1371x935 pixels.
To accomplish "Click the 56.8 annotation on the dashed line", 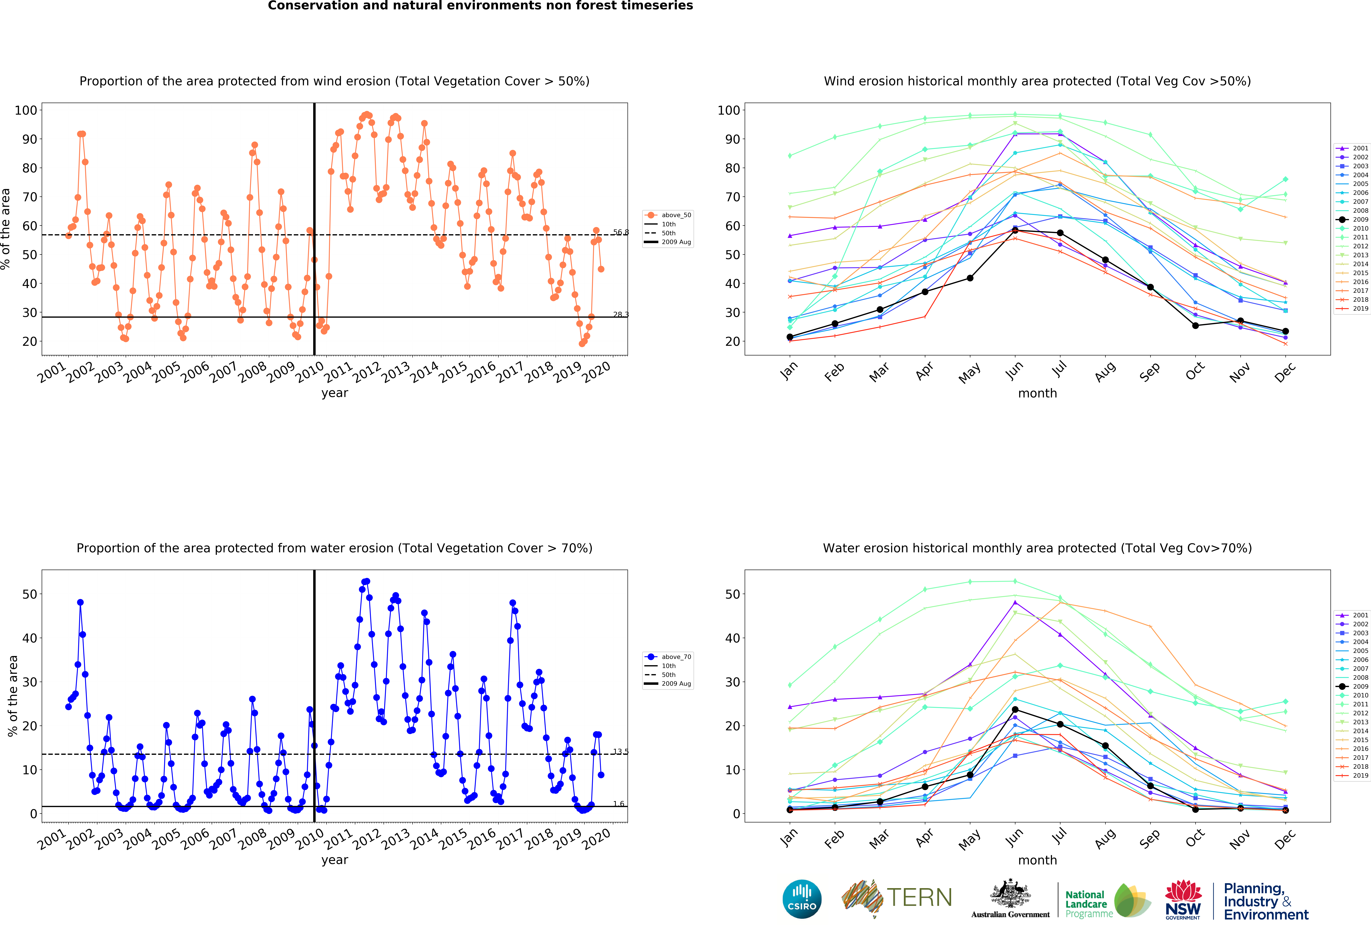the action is click(x=621, y=232).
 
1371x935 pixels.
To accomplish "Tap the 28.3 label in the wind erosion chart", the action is click(x=621, y=314).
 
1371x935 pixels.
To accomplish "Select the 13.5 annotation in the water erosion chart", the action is click(x=621, y=751).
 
